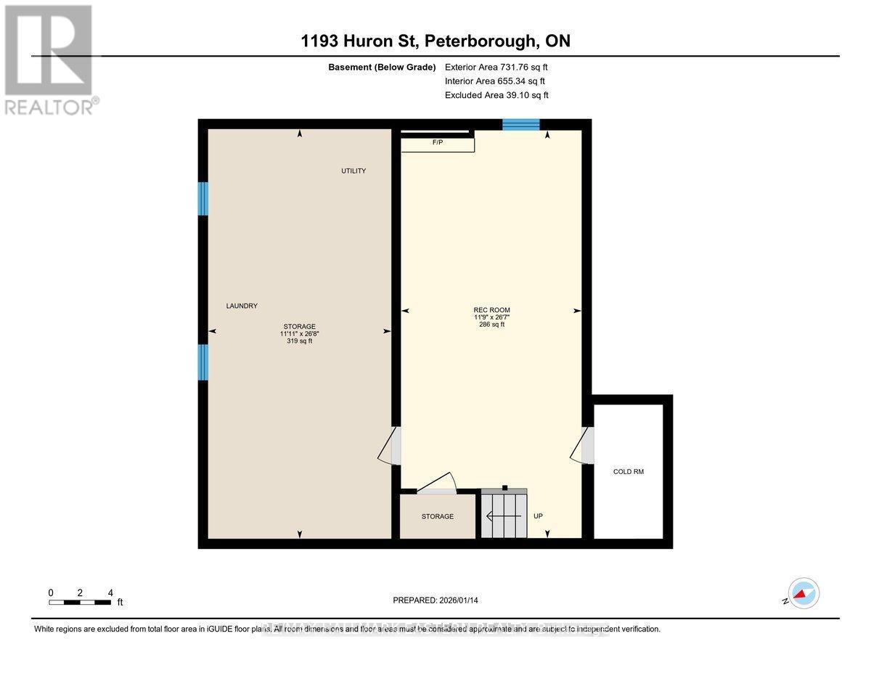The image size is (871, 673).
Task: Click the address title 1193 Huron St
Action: coord(435,41)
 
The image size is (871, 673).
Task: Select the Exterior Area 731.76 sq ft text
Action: coord(496,67)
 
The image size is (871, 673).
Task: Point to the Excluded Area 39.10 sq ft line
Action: coord(496,95)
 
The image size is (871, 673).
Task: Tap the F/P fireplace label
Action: coord(438,143)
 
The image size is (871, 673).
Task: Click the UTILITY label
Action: coord(353,171)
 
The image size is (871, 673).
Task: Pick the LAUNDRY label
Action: coord(242,306)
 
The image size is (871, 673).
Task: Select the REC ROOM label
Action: coord(491,310)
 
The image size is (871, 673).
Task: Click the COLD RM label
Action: coord(628,472)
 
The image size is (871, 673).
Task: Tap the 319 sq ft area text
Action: coord(299,341)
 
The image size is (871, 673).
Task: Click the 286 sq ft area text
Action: coord(491,325)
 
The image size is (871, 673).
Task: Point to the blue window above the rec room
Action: coord(521,125)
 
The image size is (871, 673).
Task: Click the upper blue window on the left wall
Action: coord(203,198)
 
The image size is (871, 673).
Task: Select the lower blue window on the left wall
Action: coord(203,362)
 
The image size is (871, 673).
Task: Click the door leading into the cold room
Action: coord(584,445)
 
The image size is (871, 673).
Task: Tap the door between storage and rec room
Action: coord(389,445)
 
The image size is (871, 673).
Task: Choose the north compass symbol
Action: coord(803,593)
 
